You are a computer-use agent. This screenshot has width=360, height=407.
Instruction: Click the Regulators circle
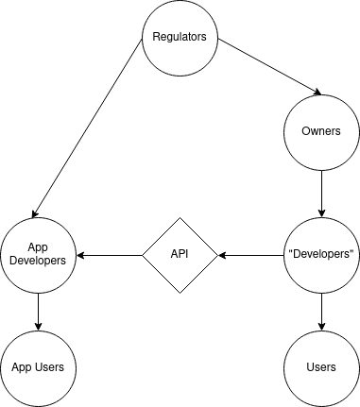tap(180, 38)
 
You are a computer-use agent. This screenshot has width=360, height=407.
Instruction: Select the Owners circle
tap(321, 131)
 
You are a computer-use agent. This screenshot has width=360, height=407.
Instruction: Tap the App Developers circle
tap(38, 255)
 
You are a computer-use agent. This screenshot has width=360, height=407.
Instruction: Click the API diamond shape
tap(180, 255)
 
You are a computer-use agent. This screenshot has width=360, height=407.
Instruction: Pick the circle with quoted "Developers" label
tap(321, 255)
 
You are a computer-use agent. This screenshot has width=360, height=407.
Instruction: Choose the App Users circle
tap(38, 366)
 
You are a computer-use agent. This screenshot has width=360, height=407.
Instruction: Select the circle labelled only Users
tap(321, 366)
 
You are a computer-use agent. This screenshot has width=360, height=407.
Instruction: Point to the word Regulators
tap(180, 38)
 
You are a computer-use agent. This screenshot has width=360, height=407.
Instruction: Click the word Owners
tap(321, 131)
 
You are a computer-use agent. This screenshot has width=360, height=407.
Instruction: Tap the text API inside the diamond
tap(180, 255)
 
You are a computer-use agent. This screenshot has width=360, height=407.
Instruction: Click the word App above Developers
tap(38, 248)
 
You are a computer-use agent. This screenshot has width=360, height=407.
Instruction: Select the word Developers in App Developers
tap(38, 262)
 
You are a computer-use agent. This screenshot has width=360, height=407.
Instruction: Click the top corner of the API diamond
tap(180, 219)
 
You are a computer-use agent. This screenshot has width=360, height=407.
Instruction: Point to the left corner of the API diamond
tap(144, 255)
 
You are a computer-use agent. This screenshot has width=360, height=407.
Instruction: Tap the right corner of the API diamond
tap(216, 255)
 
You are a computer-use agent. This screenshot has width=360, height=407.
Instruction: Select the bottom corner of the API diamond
tap(180, 291)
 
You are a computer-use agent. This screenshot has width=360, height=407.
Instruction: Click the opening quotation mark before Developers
tap(288, 252)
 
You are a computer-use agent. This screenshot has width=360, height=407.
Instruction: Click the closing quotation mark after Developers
tap(353, 252)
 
